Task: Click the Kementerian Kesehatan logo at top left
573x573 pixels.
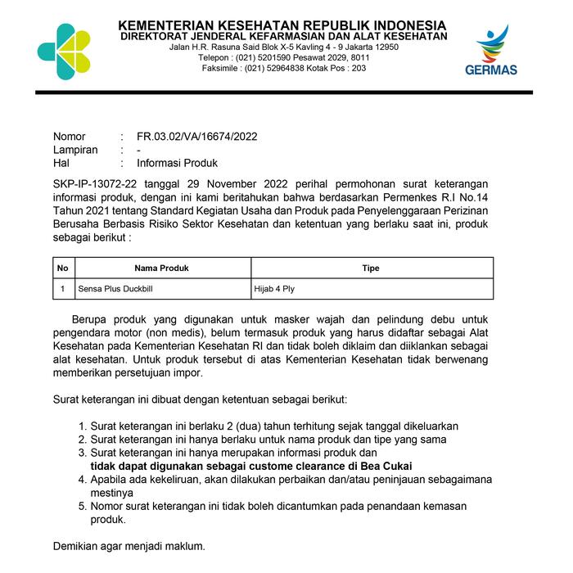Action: (x=64, y=52)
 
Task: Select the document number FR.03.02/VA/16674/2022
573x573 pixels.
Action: (x=196, y=137)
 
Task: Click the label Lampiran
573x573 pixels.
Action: (x=75, y=150)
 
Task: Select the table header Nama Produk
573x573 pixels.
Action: (x=162, y=268)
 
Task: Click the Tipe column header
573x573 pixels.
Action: (x=371, y=268)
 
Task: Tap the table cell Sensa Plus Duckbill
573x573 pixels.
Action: (x=115, y=289)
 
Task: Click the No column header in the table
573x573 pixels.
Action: (x=63, y=268)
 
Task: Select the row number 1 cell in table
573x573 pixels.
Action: (x=63, y=289)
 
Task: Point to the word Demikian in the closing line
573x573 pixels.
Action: (x=76, y=546)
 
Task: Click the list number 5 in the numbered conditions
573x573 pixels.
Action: (x=82, y=507)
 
